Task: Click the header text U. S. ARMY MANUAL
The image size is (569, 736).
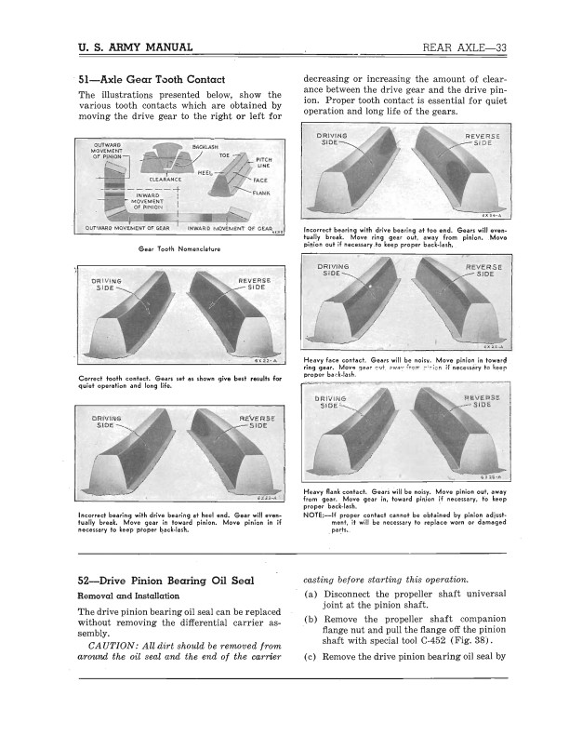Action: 136,47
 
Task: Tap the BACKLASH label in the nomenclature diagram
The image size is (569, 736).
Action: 205,147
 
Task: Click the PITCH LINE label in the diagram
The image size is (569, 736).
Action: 263,163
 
